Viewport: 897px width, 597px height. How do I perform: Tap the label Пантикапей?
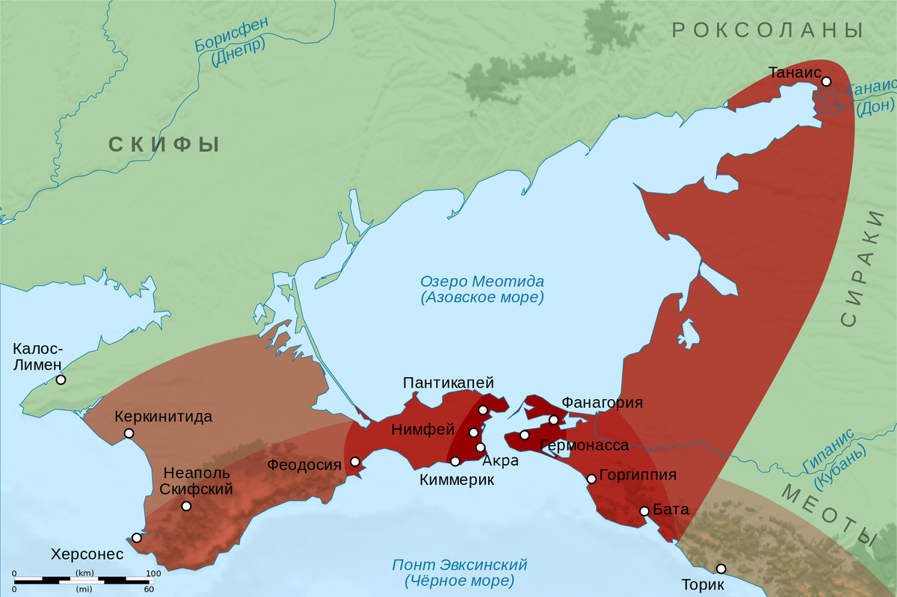tap(449, 383)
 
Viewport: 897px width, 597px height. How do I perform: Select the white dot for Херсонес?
tap(137, 537)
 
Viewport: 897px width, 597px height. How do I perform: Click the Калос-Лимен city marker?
tap(61, 380)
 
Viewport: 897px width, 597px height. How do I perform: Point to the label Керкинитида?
tap(164, 417)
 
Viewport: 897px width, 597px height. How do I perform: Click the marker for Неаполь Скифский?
tap(186, 506)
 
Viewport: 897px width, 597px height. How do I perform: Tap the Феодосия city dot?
tap(355, 461)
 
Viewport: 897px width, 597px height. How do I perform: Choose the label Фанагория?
tap(602, 403)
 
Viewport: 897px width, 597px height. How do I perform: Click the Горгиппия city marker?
tap(591, 478)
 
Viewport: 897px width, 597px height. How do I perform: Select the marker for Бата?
tap(644, 511)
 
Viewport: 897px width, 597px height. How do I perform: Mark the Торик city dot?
tap(721, 569)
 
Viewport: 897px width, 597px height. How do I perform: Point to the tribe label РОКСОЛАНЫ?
tap(768, 31)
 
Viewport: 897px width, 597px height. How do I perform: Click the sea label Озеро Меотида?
tap(482, 282)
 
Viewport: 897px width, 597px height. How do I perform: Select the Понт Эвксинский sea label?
tap(460, 564)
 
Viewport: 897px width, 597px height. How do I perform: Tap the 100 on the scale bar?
tap(152, 573)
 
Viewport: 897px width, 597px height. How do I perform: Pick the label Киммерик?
tap(457, 480)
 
